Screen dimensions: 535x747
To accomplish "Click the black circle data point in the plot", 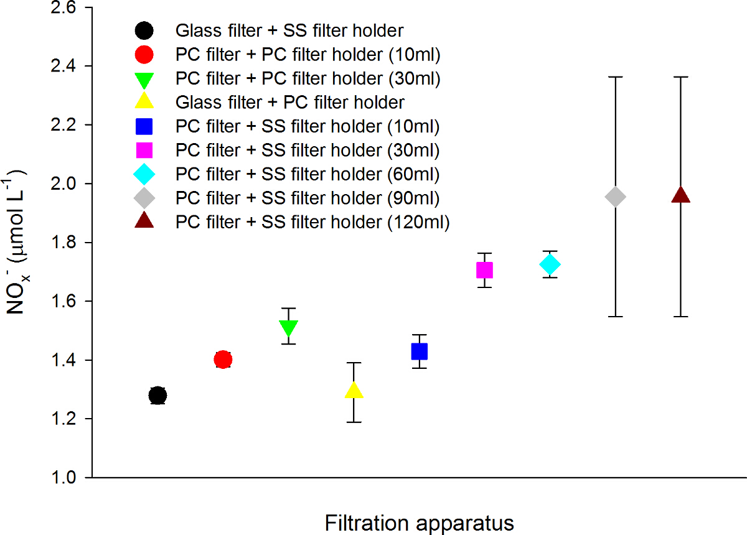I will tap(157, 395).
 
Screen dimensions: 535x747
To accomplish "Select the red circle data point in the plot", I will tap(223, 360).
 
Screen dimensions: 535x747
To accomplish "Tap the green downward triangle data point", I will tap(288, 327).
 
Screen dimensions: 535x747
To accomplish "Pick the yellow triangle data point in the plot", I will tap(354, 391).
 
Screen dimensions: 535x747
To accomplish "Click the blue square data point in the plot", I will tap(419, 351).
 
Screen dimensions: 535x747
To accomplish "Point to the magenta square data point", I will tap(484, 270).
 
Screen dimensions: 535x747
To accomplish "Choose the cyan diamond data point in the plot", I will tap(550, 264).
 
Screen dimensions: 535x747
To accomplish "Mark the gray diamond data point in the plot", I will tap(615, 197).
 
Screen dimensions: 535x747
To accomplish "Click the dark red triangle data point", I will tap(680, 195).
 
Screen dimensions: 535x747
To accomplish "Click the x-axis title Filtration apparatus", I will tap(419, 523).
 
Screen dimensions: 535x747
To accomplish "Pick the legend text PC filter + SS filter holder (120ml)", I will tap(312, 221).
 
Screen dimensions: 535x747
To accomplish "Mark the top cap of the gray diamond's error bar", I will tap(615, 77).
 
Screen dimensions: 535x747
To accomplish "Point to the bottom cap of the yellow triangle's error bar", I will tap(354, 422).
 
